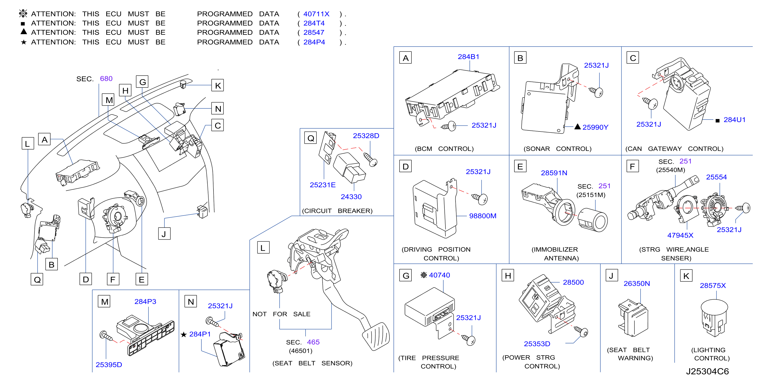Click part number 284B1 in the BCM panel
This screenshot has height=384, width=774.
coord(468,57)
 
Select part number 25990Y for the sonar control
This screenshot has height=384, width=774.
coord(595,127)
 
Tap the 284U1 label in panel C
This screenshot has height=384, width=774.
coord(734,120)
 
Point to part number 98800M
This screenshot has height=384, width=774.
coord(482,216)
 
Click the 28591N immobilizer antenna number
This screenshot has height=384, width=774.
coord(554,173)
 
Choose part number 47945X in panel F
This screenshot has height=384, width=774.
coord(680,235)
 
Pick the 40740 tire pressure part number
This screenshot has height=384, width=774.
coord(439,275)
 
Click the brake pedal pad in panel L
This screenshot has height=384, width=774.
coord(376,336)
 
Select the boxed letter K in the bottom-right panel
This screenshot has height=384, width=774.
coord(686,276)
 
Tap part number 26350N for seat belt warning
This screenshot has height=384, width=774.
coord(636,284)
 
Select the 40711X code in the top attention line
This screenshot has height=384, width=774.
coord(316,14)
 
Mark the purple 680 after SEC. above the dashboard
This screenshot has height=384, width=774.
coord(106,79)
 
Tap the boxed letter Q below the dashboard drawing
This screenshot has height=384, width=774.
coord(37,279)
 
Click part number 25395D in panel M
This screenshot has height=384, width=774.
coord(109,365)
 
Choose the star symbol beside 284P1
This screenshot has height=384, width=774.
coord(183,334)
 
